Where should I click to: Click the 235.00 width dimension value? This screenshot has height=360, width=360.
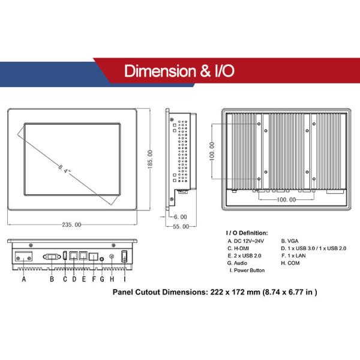pyautogui.click(x=71, y=224)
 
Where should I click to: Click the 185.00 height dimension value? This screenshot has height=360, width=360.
pyautogui.click(x=149, y=160)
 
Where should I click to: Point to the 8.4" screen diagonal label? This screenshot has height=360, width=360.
pyautogui.click(x=65, y=169)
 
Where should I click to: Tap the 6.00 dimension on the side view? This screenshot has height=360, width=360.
pyautogui.click(x=180, y=217)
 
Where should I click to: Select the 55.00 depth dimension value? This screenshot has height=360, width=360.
pyautogui.click(x=181, y=227)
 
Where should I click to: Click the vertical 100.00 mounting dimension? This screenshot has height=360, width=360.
pyautogui.click(x=212, y=151)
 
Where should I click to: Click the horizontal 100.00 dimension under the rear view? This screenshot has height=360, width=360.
pyautogui.click(x=286, y=200)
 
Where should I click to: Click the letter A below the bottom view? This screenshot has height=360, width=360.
pyautogui.click(x=23, y=279)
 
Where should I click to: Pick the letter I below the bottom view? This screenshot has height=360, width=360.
pyautogui.click(x=125, y=279)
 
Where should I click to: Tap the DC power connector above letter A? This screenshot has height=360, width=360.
pyautogui.click(x=23, y=256)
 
